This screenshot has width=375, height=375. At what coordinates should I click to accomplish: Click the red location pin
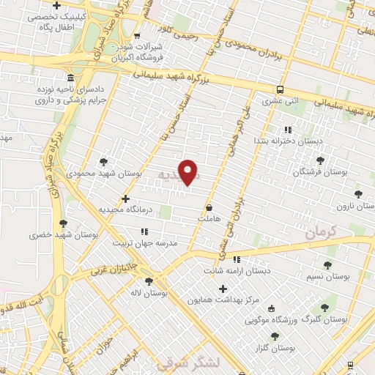coord(189,171)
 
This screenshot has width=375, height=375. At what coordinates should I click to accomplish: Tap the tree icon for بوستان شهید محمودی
coord(103,161)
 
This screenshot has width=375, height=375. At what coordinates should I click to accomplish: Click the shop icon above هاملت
coord(210,207)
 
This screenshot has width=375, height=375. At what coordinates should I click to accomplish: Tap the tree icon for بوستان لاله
coord(149,281)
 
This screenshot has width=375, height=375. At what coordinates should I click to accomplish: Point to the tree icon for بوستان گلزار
coord(275,336)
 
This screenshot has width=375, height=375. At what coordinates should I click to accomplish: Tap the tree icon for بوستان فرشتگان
coord(319,160)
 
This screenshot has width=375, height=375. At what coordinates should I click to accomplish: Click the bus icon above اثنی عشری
coord(278,89)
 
